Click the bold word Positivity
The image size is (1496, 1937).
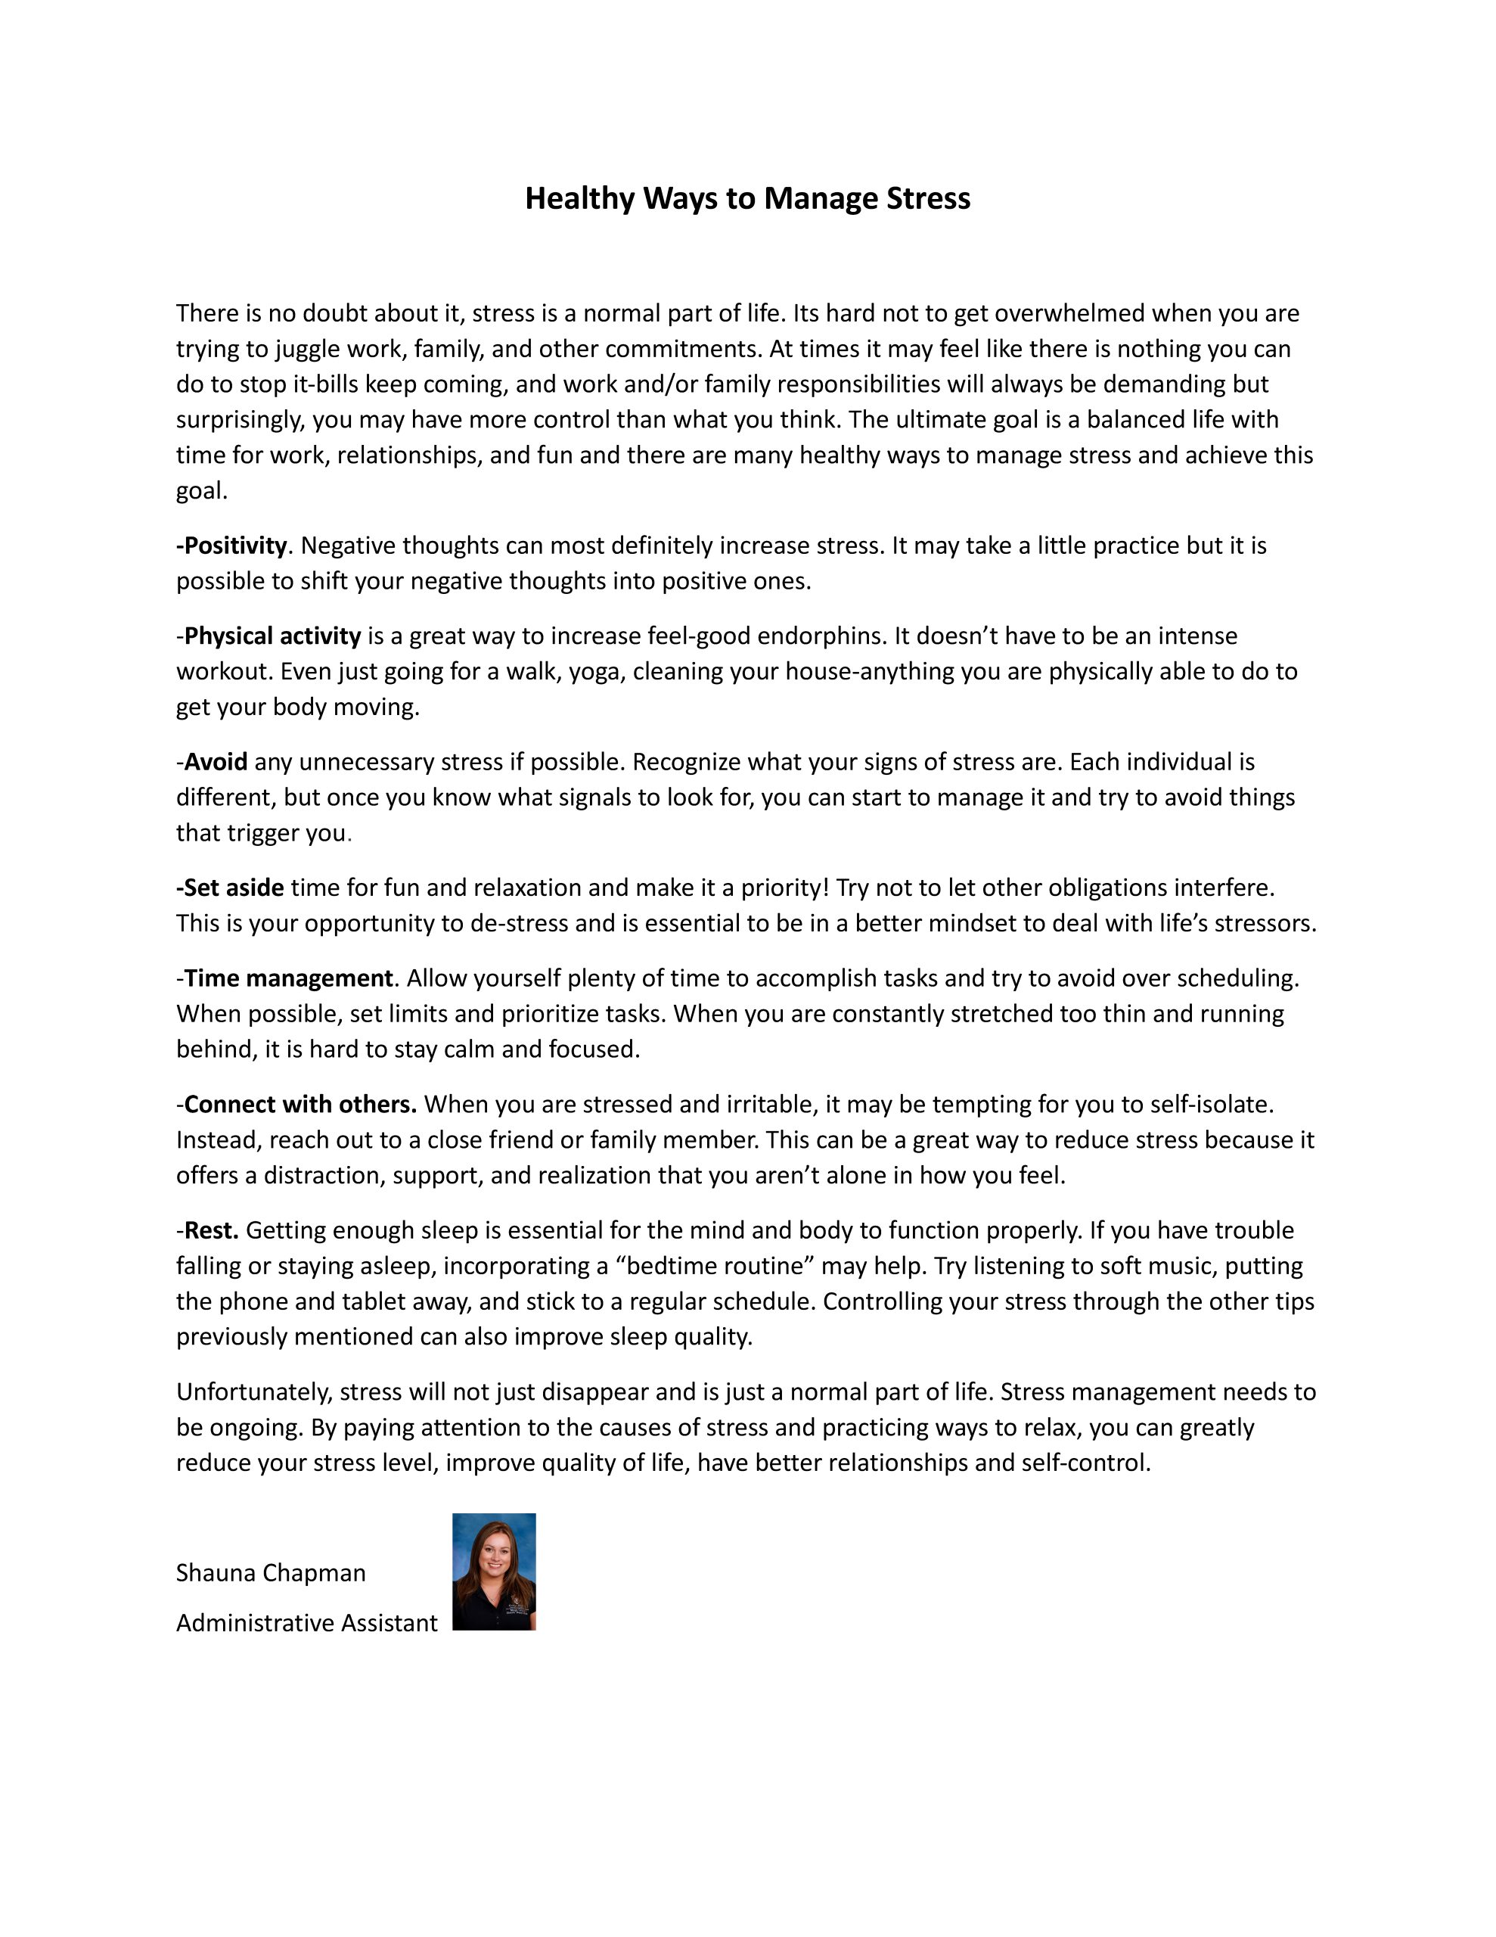pos(234,546)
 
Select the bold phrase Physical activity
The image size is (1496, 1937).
pos(272,636)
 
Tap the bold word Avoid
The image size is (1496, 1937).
pos(216,762)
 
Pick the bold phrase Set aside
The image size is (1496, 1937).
pos(232,888)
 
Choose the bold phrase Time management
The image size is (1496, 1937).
pos(287,978)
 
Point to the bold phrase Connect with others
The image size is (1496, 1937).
pos(300,1104)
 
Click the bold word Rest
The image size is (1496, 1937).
pos(211,1230)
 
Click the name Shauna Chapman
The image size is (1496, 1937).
pos(271,1572)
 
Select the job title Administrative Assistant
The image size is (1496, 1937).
pos(306,1622)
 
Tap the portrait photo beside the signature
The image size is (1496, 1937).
pos(494,1572)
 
